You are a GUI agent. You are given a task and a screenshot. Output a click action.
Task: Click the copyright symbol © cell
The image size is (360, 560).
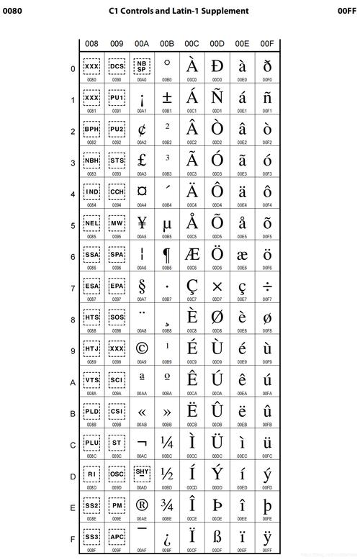tap(142, 349)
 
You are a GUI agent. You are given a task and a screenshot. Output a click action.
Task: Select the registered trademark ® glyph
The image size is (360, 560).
tap(142, 506)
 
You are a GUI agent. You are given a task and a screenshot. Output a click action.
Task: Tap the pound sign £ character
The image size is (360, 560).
tap(142, 161)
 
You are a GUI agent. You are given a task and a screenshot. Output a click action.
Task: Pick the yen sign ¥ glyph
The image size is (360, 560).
tap(142, 223)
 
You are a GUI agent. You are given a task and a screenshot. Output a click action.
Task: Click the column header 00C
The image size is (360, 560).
tap(192, 44)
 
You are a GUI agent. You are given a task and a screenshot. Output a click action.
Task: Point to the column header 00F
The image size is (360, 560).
tap(267, 44)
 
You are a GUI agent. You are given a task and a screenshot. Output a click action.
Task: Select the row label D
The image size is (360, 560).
tap(73, 477)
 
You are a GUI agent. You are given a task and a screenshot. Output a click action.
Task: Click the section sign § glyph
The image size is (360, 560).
tap(142, 286)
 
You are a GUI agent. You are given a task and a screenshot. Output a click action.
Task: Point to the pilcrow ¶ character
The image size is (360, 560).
tap(167, 255)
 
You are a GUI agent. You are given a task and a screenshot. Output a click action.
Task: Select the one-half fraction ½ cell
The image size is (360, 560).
tap(167, 474)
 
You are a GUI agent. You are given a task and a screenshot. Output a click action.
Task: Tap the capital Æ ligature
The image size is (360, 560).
tap(192, 255)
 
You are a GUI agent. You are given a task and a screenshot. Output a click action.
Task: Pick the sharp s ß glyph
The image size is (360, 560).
tap(217, 537)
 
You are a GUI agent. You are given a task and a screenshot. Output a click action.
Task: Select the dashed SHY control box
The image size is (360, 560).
tap(142, 472)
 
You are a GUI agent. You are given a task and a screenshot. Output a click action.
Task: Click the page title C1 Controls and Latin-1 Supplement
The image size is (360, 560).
tap(179, 11)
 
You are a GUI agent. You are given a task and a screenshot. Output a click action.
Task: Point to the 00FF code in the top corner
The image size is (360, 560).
tap(347, 11)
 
